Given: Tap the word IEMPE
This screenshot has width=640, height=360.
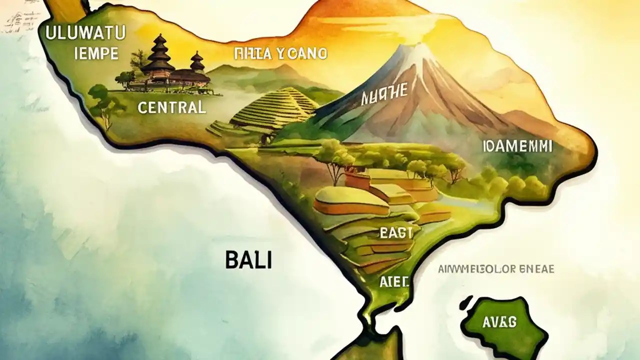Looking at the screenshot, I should coord(96,53).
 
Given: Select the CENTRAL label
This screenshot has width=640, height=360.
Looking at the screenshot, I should coord(171,107).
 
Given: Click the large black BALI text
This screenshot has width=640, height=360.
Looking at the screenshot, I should coord(248,260).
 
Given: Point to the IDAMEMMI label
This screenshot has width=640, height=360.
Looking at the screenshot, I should coord(517,146).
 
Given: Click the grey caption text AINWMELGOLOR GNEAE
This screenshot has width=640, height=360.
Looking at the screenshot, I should coord(495,269).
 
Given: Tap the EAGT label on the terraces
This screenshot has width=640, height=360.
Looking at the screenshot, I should coord(396,233).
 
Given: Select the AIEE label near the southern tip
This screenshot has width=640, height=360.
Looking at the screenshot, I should coord(394,281).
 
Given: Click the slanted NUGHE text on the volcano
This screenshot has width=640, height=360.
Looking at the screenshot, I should coord(384,93).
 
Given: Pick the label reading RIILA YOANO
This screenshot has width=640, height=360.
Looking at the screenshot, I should coord(280,53).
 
